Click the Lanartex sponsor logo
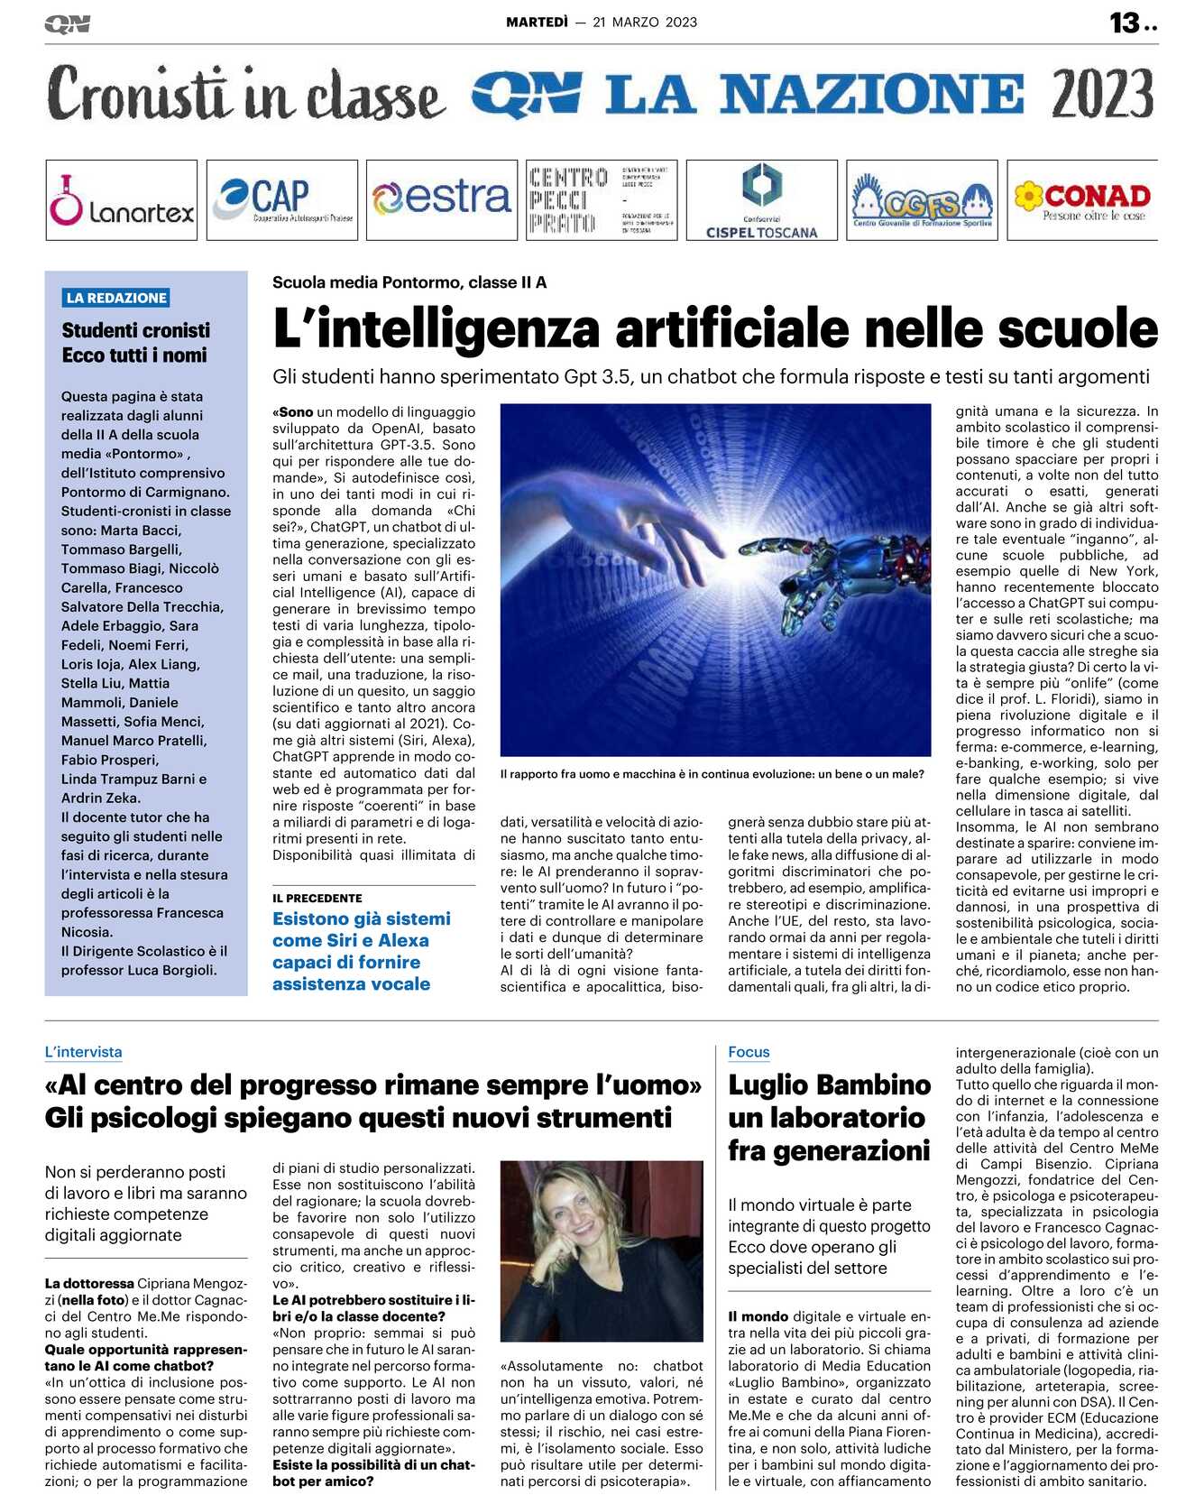pyautogui.click(x=121, y=200)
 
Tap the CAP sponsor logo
pyautogui.click(x=281, y=200)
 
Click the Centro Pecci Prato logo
pyautogui.click(x=601, y=200)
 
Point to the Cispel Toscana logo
pyautogui.click(x=761, y=200)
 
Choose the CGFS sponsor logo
pyautogui.click(x=922, y=200)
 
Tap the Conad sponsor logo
pyautogui.click(x=1082, y=200)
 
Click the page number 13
pyautogui.click(x=1125, y=23)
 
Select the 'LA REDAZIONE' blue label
pyautogui.click(x=117, y=298)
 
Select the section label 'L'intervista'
pyautogui.click(x=83, y=1052)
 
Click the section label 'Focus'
pyautogui.click(x=749, y=1052)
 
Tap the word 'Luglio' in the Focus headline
pyautogui.click(x=777, y=1085)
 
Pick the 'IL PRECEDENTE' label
pyautogui.click(x=317, y=899)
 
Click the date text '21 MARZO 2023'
pyautogui.click(x=645, y=23)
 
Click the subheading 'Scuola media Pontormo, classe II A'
pyautogui.click(x=409, y=282)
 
